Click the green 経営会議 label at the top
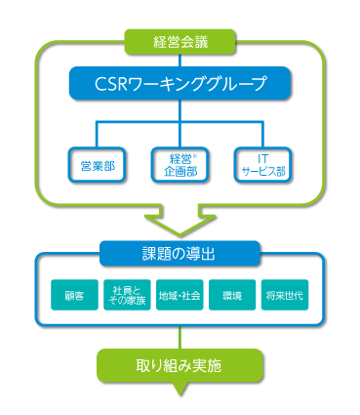click(x=180, y=41)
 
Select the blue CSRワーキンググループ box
click(x=180, y=83)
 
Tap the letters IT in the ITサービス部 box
click(x=264, y=158)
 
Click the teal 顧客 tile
click(x=74, y=294)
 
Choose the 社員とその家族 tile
click(x=127, y=294)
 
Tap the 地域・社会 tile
click(x=180, y=294)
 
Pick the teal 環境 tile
click(x=232, y=294)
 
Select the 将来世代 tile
click(x=285, y=294)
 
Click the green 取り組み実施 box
click(x=180, y=367)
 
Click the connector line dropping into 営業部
click(x=97, y=136)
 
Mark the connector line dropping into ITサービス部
click(x=264, y=136)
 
